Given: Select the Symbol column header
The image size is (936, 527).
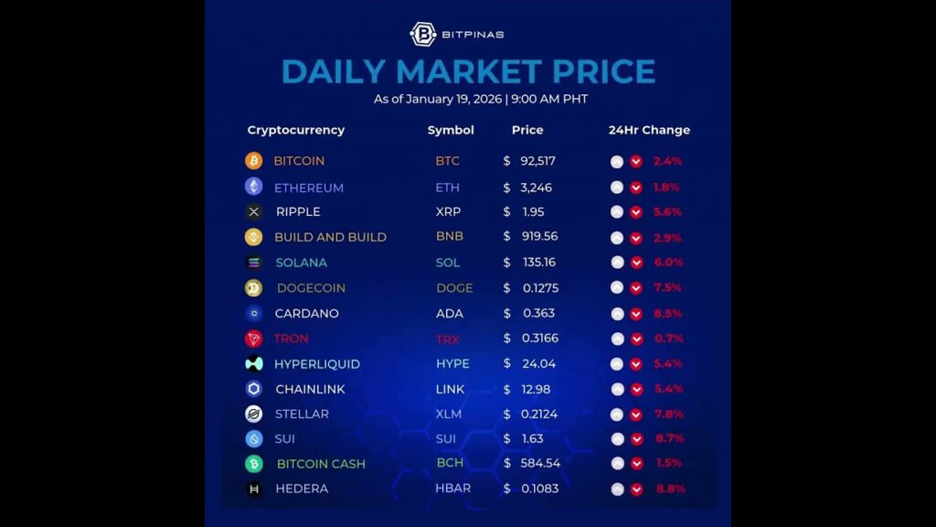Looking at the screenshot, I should pos(451,130).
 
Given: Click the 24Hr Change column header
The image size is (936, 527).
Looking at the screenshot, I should pos(649,130).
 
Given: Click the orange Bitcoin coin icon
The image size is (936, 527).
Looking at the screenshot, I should pos(253,161).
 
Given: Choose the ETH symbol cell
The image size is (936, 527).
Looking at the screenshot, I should pos(447,188).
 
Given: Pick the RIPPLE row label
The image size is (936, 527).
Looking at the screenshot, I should pos(298,211).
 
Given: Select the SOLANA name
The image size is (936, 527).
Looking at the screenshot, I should pos(301,263).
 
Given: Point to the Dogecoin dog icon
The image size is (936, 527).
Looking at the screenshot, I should pos(253,288).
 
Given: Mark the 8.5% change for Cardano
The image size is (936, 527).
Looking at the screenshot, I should pos(669,313).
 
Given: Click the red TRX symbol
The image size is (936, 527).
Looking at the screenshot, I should pos(447,339).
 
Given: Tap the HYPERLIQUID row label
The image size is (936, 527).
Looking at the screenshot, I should pos(317,364).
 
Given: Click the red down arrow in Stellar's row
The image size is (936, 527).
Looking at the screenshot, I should pos(637,414).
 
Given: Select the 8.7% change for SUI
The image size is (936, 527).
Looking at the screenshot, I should pos(669,438).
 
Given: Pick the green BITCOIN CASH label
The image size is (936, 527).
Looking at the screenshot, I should pos(321,464).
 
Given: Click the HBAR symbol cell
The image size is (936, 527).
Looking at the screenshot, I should pos(452,489).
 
